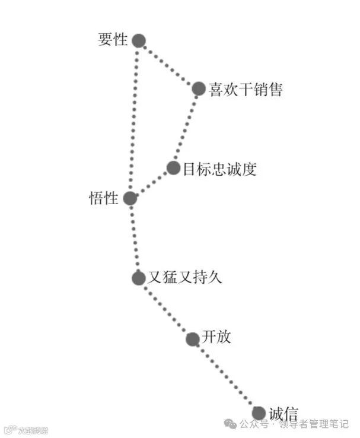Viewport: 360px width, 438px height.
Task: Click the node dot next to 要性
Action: [x=138, y=40]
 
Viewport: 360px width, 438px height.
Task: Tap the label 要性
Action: [x=113, y=40]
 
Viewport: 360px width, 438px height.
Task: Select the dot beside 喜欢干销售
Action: [x=199, y=89]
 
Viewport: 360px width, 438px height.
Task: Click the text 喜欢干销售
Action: [x=246, y=90]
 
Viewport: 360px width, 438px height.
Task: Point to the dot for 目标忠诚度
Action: [x=173, y=168]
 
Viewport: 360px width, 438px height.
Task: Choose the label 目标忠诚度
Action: [x=219, y=169]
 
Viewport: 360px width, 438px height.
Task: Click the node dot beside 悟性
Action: [x=130, y=198]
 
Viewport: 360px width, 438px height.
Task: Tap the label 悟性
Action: [x=104, y=198]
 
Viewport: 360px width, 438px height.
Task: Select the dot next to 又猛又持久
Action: [x=138, y=277]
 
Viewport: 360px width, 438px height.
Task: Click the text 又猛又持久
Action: [x=184, y=277]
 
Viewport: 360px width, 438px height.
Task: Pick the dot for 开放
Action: [x=192, y=339]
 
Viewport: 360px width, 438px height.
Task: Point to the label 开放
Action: [x=216, y=338]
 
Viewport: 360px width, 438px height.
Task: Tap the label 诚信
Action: [x=283, y=414]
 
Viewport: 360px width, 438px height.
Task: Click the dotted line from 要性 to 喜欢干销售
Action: [x=168, y=65]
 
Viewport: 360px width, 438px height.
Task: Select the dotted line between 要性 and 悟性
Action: [x=134, y=119]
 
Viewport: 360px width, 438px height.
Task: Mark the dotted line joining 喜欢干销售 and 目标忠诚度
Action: [x=186, y=128]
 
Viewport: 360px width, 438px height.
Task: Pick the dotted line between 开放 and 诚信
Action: [x=225, y=376]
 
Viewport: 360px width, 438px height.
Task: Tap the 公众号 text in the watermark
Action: [x=256, y=424]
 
